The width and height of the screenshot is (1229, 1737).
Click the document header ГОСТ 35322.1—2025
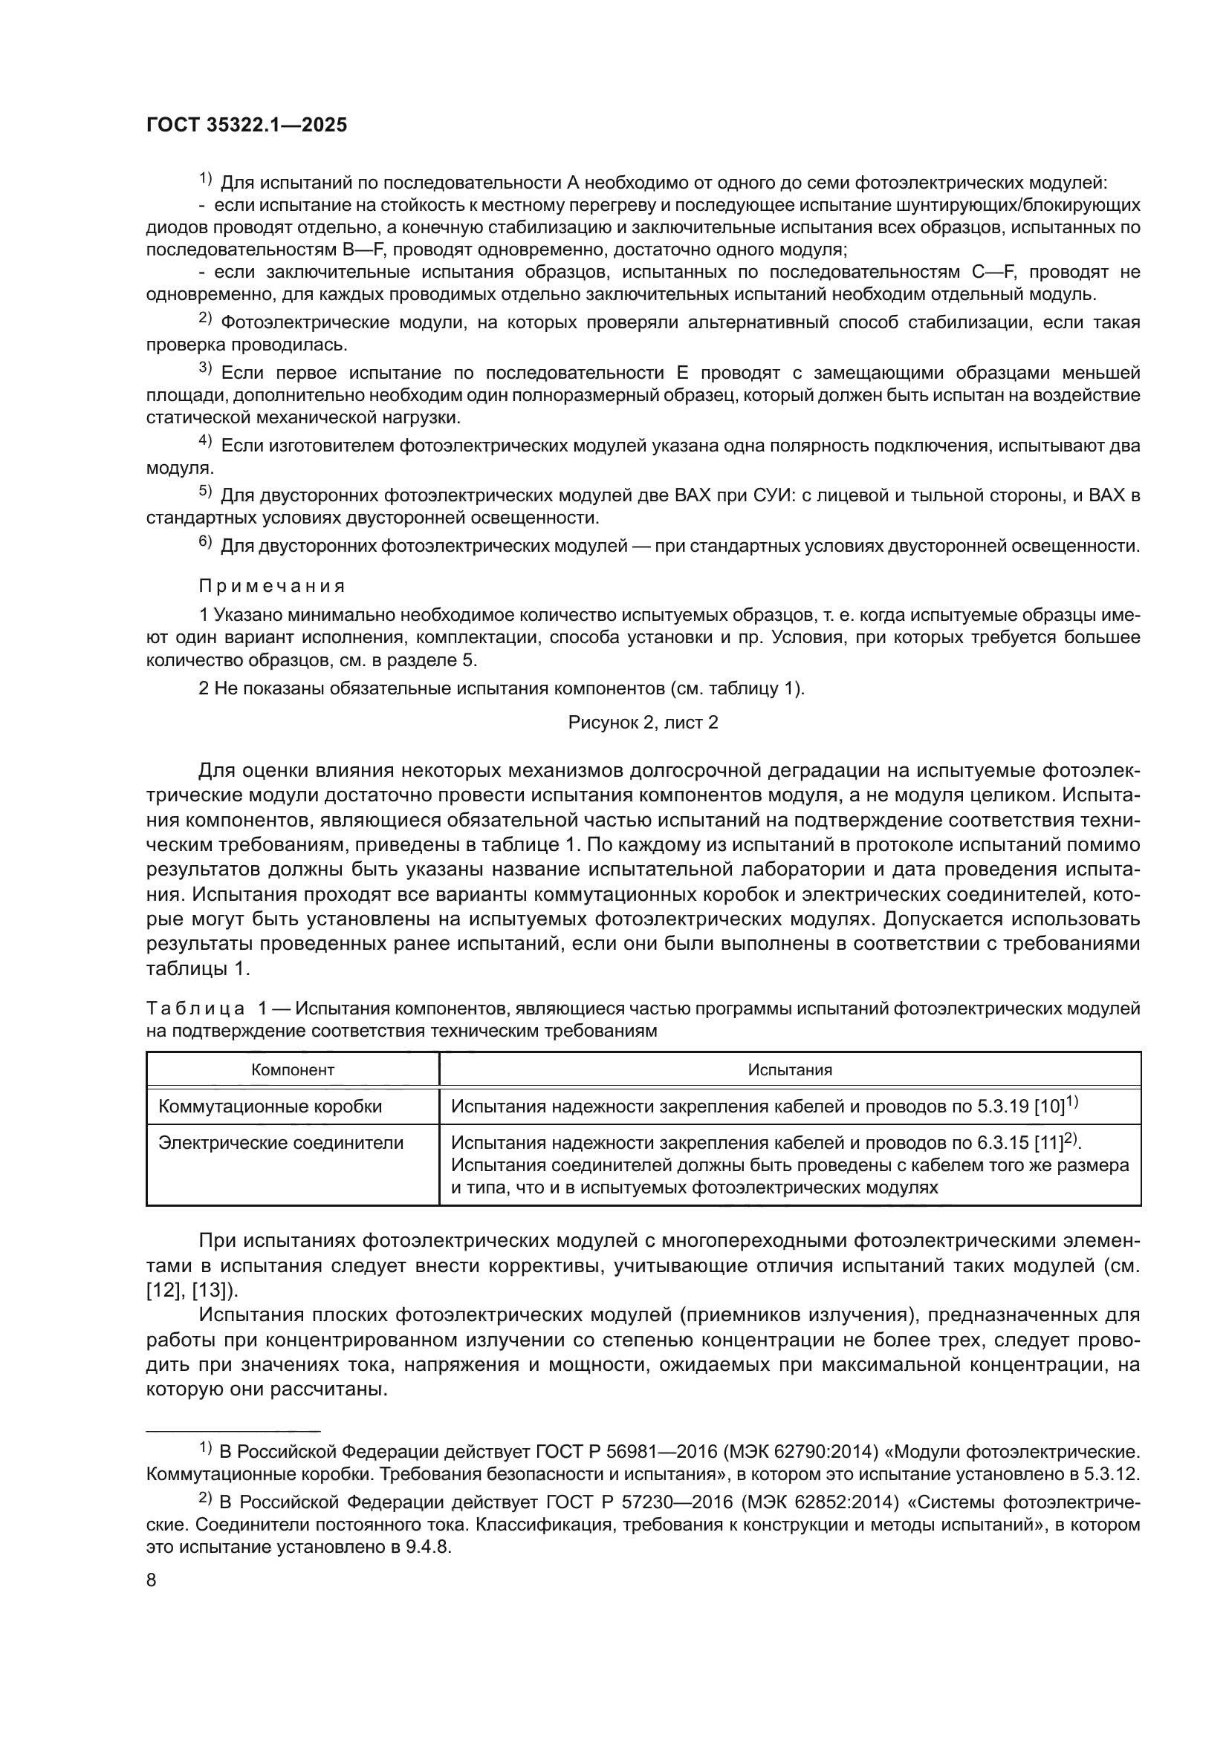pyautogui.click(x=247, y=125)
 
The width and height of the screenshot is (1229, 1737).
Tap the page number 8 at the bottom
pyautogui.click(x=152, y=1580)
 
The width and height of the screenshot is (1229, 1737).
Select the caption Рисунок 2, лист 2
pyautogui.click(x=643, y=723)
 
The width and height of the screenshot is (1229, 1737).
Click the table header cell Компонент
pyautogui.click(x=292, y=1069)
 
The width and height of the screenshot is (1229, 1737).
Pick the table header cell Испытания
pyautogui.click(x=789, y=1069)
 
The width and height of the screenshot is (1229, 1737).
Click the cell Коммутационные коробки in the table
pyautogui.click(x=270, y=1107)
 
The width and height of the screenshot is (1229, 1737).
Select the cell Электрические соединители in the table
pyautogui.click(x=281, y=1143)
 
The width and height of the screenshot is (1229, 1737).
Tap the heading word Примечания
pyautogui.click(x=272, y=587)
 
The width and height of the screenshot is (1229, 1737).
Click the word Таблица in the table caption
pyautogui.click(x=195, y=1008)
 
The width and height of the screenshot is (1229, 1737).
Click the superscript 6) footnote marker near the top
pyautogui.click(x=206, y=541)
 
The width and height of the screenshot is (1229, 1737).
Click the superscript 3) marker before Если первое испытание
pyautogui.click(x=206, y=369)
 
